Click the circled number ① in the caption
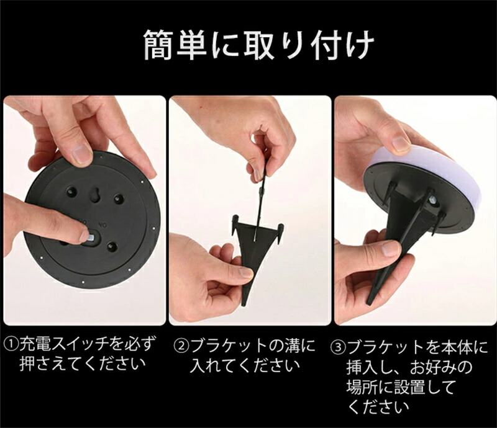(x=11, y=344)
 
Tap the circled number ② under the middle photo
(x=181, y=346)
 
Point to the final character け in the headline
(x=360, y=44)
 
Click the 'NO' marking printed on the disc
(x=103, y=225)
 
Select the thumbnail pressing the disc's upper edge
(x=82, y=155)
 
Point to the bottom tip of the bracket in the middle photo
(x=244, y=304)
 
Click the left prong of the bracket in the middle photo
(x=235, y=225)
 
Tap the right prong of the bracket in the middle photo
(x=280, y=233)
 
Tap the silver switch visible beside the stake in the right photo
(x=433, y=200)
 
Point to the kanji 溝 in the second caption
(x=293, y=346)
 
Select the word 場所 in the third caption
(x=362, y=387)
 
